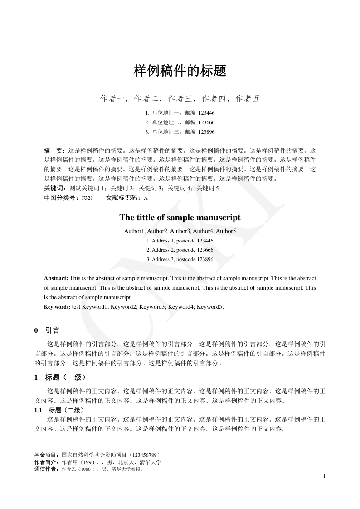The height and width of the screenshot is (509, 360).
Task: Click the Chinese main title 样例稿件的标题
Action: (180, 71)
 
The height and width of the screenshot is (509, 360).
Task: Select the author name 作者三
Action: (180, 99)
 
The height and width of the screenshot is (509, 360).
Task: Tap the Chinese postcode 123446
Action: (207, 113)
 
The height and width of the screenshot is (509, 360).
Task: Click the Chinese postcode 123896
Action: (207, 132)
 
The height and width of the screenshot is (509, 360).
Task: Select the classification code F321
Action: (88, 198)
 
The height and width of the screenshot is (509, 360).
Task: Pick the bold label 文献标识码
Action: (123, 198)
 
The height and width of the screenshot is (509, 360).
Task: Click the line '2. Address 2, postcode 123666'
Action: (180, 250)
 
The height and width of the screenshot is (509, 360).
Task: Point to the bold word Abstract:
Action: (56, 278)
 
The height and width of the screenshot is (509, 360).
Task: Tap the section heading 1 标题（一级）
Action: (60, 377)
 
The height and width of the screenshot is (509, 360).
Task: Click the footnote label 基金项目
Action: (46, 455)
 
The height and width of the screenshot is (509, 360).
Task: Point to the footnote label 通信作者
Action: (46, 470)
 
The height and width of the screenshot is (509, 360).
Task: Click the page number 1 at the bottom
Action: (324, 476)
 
